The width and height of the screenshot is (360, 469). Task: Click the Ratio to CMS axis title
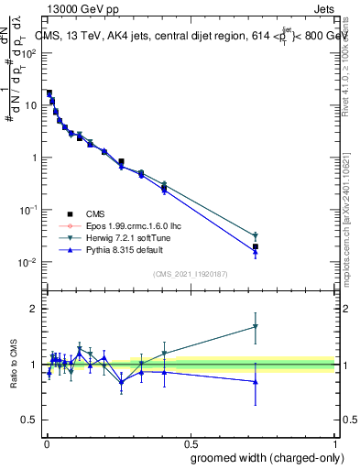click(x=14, y=365)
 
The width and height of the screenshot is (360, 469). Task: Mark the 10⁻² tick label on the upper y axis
click(x=27, y=262)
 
